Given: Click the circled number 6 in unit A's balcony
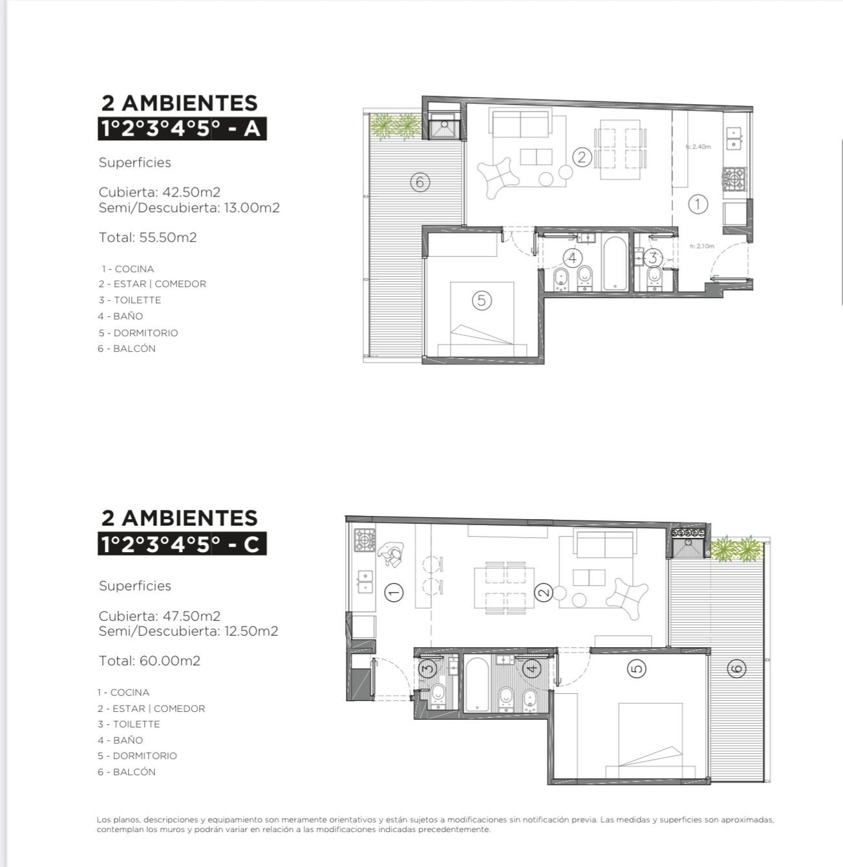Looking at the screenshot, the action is coord(420,182).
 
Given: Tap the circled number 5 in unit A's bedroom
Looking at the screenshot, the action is coord(481,300).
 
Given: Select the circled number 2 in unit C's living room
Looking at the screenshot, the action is coord(543,593).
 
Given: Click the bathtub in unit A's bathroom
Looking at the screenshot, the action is coord(615,264).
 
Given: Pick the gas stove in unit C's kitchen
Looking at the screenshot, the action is coord(365,541).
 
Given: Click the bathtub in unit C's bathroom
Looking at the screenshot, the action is coord(476,685).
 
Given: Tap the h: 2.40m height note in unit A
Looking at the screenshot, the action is coord(698,147).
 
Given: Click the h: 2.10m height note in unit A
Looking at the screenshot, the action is coord(702,246).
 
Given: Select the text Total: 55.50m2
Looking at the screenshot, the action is coord(147,237).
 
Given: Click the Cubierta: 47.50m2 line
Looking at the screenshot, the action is coord(160,615).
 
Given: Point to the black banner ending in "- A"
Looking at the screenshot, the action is coord(182,129).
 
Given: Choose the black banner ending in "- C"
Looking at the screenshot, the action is coord(182,544).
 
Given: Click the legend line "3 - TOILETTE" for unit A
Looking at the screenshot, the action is coord(130,300).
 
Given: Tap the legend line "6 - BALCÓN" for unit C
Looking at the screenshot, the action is coord(127,772).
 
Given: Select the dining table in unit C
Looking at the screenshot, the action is coord(505,588).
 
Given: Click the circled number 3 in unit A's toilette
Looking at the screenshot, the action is coord(653,257).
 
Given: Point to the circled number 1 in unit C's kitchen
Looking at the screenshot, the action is coord(394,593).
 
